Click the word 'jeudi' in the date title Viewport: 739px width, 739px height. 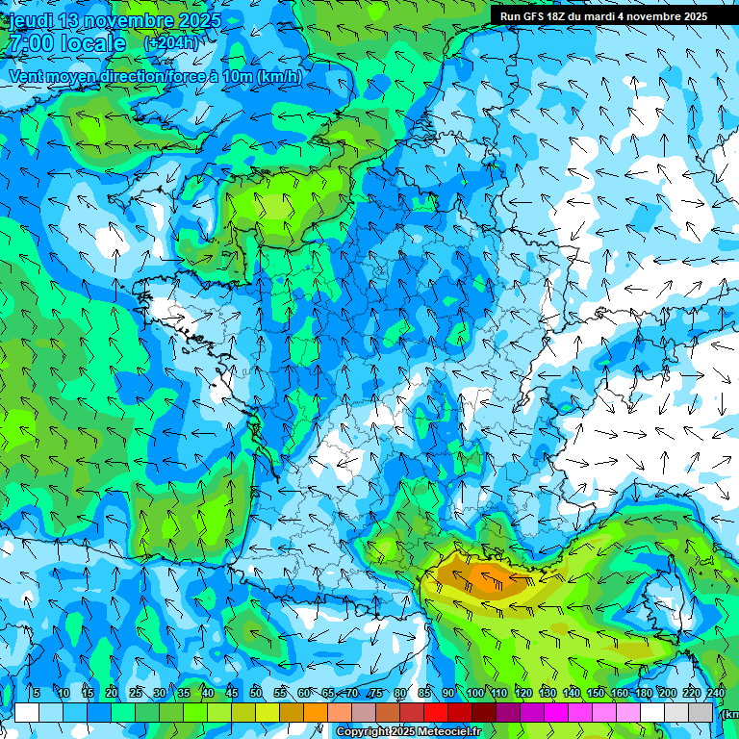tap(32, 20)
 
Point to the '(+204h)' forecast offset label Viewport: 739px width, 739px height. tap(170, 43)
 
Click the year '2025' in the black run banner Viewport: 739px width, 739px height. tap(690, 16)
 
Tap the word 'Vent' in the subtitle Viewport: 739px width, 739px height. tap(26, 77)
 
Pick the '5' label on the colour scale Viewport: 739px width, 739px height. tap(36, 694)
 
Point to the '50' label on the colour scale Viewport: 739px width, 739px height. tap(256, 694)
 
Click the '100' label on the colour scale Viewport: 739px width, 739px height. tap(475, 694)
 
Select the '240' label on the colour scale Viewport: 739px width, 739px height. tap(715, 694)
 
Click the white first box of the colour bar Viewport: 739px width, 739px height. tap(27, 712)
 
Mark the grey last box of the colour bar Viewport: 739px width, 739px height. tap(701, 712)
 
